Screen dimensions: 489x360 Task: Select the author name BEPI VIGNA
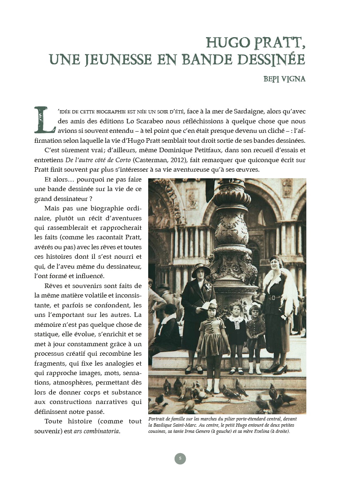(x=284, y=79)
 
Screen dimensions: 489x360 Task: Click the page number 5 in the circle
(x=180, y=458)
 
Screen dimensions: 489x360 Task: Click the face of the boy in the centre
(x=237, y=309)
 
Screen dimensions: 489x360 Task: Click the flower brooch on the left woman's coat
(x=208, y=286)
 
